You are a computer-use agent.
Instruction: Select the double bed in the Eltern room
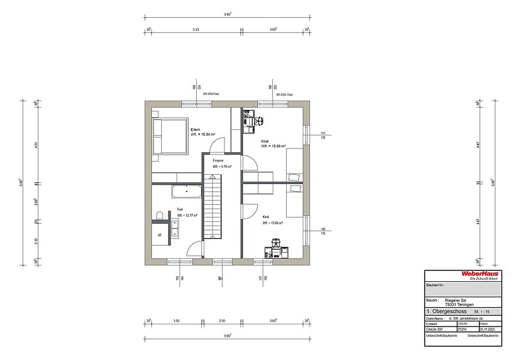point(170,136)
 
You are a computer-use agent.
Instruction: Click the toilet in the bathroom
point(159,216)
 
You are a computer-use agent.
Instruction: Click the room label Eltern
point(195,130)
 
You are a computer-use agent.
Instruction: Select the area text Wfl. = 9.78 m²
point(222,167)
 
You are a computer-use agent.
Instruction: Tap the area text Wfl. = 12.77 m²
point(187,216)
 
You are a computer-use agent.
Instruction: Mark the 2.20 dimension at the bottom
point(221,321)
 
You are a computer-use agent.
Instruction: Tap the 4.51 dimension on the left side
point(36,145)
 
